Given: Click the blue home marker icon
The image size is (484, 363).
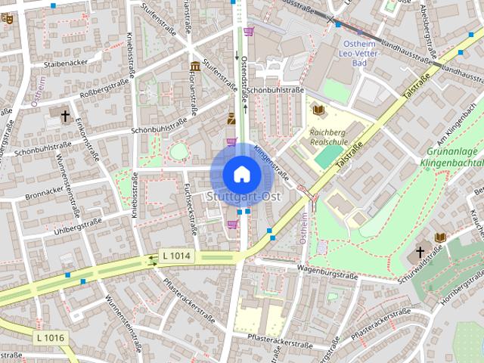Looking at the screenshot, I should click(x=241, y=174).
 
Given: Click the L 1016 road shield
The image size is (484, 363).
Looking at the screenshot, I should click(x=51, y=337).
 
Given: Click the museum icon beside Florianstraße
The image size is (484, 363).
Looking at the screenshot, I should click(x=195, y=67).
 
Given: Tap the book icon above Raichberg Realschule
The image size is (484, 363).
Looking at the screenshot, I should click(x=318, y=110).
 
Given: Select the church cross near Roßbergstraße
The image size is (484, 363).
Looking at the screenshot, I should click(x=65, y=116).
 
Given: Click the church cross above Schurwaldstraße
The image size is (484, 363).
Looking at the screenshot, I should click(x=420, y=252).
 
